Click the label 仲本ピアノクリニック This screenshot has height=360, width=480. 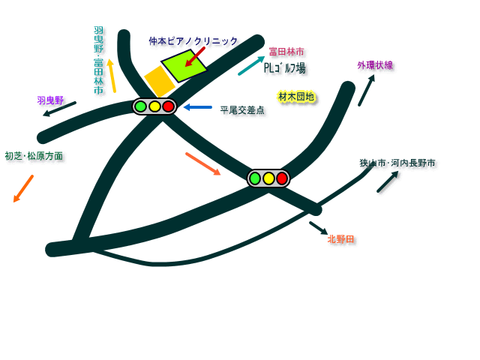193,41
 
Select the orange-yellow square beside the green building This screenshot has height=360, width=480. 160,81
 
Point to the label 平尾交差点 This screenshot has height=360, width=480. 242,110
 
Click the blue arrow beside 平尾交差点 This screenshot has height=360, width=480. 198,107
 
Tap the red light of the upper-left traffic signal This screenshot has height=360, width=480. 168,106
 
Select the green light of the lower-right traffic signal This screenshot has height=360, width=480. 255,178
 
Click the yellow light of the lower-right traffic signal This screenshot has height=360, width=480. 268,178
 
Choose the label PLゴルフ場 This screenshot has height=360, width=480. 284,68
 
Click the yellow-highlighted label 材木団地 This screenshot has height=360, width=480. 296,97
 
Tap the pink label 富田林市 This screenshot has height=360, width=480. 286,52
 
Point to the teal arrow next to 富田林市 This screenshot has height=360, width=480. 251,66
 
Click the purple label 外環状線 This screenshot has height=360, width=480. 375,65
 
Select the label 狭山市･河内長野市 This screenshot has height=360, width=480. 397,163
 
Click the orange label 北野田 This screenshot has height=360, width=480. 340,239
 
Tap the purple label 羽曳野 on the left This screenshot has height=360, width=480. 50,100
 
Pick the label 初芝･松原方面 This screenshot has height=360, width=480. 34,156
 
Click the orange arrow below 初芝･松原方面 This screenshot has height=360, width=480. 23,188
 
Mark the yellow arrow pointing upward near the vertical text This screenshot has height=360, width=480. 112,76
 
